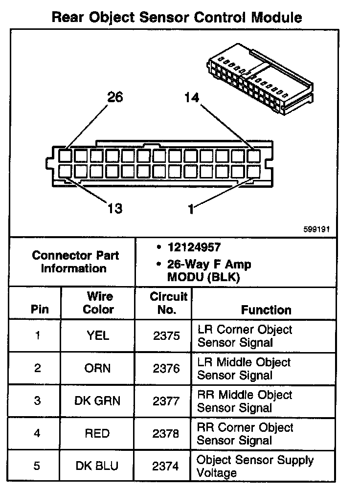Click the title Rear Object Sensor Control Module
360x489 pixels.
click(177, 18)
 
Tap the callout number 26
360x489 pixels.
click(115, 97)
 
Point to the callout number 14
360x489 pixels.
click(192, 98)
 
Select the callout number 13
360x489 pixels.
click(115, 209)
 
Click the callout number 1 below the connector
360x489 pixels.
click(191, 209)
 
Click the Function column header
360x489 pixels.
click(266, 310)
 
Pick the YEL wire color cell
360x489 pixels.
click(98, 336)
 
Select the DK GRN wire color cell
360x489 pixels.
click(97, 401)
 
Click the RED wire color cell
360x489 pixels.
click(98, 434)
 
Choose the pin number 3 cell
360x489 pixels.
click(38, 401)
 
